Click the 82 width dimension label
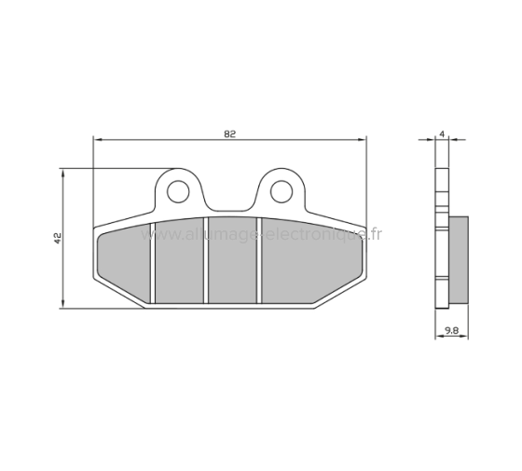tap(229, 134)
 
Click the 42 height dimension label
tap(58, 239)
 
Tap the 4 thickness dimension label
tap(443, 134)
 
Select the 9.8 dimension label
tap(450, 330)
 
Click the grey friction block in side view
tap(459, 262)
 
